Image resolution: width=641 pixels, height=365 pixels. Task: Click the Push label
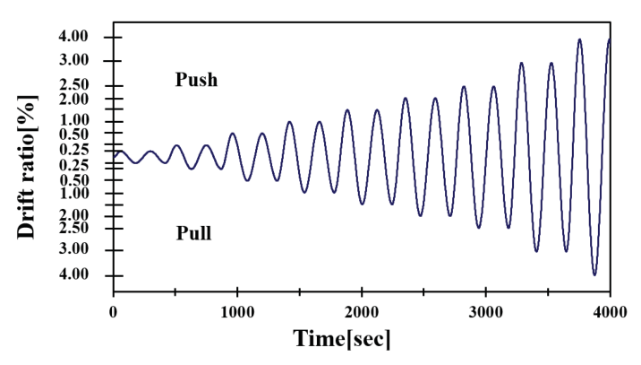196,80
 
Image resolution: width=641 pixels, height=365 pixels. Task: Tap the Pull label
193,234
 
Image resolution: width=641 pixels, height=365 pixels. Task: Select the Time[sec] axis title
342,339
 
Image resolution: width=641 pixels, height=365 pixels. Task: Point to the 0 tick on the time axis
114,310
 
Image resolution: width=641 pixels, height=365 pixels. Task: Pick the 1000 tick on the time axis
237,310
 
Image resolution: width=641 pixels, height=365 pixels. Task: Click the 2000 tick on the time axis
362,310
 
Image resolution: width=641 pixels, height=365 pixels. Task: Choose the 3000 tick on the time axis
485,310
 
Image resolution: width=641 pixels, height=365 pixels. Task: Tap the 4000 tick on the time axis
610,310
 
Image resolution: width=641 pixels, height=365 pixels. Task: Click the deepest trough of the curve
594,274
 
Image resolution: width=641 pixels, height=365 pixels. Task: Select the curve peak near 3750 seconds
580,39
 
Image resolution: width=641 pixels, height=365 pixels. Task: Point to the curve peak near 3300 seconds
522,63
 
